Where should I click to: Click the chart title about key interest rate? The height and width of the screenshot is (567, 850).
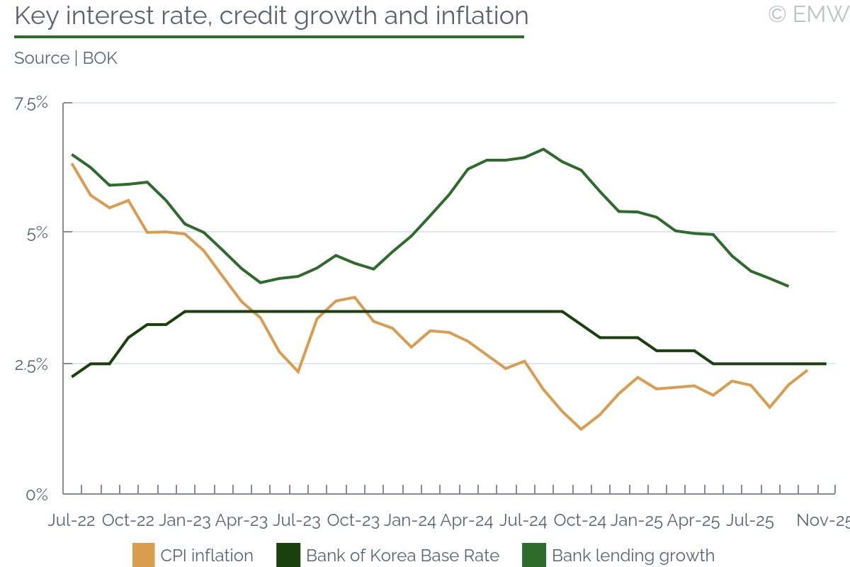[271, 16]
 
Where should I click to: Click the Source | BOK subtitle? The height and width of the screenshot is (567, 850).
[66, 58]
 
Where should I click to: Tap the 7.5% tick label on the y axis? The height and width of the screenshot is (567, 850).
[32, 103]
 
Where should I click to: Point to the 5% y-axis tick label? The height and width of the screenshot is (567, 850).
[37, 232]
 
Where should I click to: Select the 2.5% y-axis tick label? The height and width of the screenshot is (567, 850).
[32, 364]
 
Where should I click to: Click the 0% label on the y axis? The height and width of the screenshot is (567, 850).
[37, 495]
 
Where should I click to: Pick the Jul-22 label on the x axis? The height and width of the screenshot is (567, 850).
[72, 520]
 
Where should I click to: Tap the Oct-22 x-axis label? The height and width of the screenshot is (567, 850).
[128, 520]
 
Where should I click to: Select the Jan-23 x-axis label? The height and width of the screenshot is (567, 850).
[185, 520]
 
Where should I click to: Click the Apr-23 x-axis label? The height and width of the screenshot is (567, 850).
[242, 520]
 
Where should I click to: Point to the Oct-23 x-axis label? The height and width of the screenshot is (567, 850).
[353, 520]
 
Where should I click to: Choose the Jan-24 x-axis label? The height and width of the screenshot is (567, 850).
[410, 520]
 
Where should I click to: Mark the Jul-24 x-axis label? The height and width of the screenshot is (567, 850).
[523, 520]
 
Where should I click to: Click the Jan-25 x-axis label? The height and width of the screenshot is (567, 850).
[636, 520]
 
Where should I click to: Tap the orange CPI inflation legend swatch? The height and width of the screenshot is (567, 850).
[143, 556]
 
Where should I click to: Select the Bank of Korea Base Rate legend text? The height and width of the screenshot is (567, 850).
[402, 556]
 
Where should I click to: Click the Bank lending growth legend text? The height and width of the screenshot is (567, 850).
[633, 556]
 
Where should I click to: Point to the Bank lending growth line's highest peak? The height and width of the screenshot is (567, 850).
[543, 149]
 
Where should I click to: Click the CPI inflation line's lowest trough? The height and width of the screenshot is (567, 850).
[581, 430]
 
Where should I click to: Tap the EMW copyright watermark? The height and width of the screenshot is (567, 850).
[808, 14]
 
